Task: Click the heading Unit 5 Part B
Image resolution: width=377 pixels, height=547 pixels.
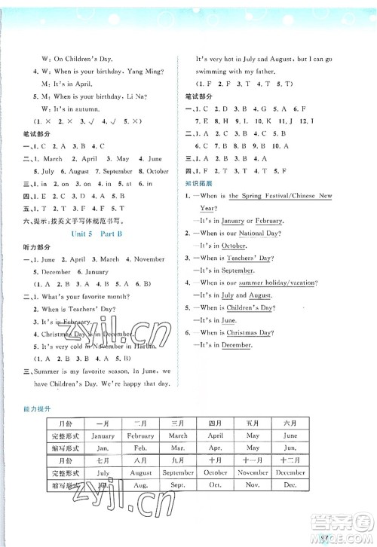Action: pyautogui.click(x=101, y=234)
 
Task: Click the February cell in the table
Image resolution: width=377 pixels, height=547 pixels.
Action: pyautogui.click(x=140, y=435)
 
